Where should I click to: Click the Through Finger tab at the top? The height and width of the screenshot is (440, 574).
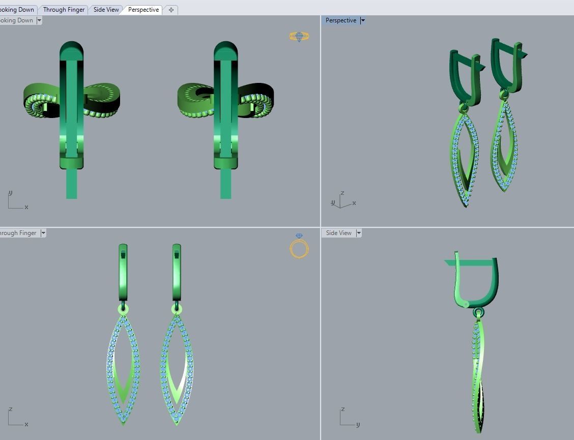(64, 10)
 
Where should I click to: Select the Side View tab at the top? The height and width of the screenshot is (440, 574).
(106, 10)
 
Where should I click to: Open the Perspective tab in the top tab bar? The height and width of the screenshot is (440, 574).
(143, 10)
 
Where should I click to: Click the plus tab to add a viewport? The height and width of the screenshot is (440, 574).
(171, 10)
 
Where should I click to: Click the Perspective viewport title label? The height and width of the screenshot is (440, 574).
(340, 20)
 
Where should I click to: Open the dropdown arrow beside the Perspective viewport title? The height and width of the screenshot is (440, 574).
(362, 20)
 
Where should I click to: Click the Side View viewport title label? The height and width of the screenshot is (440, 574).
(338, 233)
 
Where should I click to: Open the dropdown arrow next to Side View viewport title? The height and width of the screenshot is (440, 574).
(359, 233)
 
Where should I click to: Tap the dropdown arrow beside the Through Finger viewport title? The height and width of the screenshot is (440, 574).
(43, 233)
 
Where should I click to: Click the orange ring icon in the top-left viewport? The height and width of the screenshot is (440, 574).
(299, 36)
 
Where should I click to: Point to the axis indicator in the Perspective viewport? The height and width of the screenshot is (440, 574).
(342, 201)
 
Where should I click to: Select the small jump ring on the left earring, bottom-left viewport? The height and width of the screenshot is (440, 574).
(123, 309)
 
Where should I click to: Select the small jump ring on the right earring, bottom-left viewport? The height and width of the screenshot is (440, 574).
(177, 309)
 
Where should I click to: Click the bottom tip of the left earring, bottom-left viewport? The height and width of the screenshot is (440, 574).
(124, 422)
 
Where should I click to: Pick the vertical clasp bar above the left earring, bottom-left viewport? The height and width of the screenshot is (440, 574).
(123, 272)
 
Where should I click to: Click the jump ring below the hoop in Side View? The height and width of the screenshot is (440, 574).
(478, 312)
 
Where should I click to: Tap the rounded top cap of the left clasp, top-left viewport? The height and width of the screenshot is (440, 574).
(71, 49)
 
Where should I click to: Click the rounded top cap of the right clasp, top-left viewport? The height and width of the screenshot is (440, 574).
(225, 49)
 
